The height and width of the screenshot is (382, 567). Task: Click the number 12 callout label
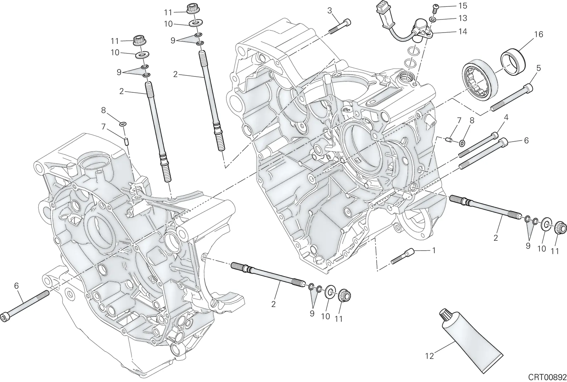(430, 356)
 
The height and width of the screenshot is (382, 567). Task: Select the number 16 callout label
(539, 34)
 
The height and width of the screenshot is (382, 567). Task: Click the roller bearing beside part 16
(480, 80)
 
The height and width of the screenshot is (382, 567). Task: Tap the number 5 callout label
(538, 68)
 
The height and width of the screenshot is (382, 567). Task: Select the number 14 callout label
(462, 32)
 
